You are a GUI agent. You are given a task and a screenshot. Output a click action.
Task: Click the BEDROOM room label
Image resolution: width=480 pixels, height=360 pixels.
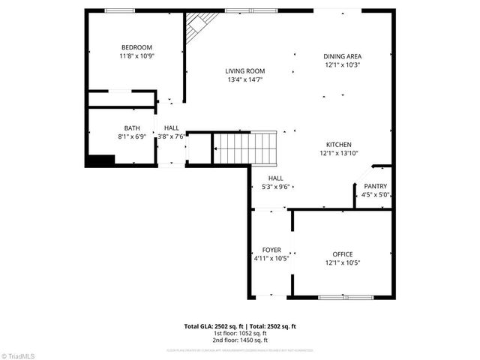point(136,47)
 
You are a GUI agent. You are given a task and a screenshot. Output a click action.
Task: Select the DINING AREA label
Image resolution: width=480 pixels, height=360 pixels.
point(343,56)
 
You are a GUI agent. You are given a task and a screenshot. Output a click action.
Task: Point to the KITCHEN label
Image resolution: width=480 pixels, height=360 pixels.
point(338,145)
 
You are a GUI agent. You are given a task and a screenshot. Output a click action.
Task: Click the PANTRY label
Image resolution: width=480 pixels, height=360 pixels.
point(376,186)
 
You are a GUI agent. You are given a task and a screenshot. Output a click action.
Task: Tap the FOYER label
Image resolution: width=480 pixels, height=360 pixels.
point(271,250)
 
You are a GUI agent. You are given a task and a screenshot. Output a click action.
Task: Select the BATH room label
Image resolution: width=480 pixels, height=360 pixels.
point(132,128)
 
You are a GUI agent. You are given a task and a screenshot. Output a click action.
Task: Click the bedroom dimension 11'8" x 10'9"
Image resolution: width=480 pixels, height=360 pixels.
point(136,56)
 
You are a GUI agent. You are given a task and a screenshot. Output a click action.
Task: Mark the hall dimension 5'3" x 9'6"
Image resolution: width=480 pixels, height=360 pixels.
point(271,187)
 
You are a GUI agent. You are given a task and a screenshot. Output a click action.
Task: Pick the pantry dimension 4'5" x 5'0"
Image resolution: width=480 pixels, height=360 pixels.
point(376,195)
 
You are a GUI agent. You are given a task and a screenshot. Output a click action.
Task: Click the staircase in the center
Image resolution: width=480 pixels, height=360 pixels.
point(246,147)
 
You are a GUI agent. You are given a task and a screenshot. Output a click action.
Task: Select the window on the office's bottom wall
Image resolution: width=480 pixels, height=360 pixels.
point(346,297)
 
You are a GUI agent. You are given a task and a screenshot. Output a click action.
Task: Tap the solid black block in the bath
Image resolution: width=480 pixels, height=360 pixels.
point(100,160)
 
